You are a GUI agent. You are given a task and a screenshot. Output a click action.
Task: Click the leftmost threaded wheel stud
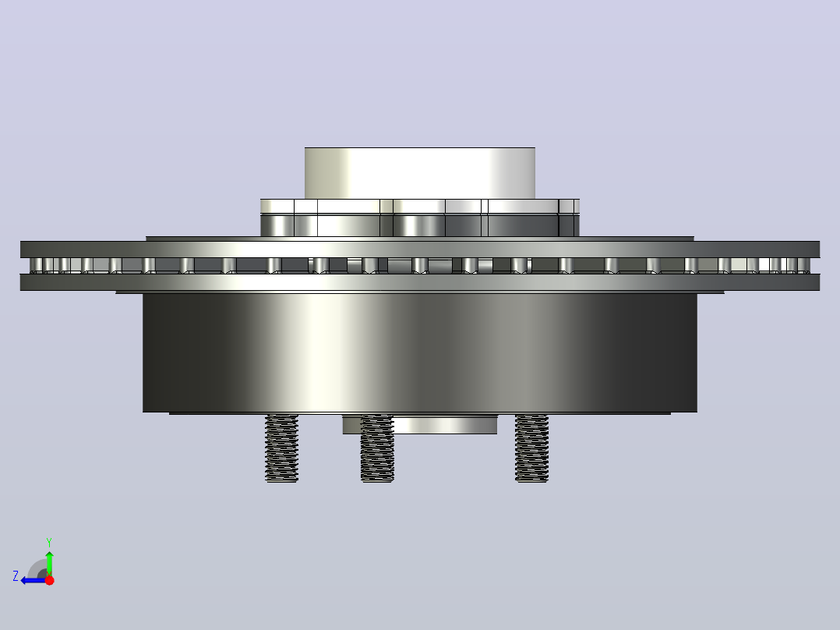pyautogui.click(x=282, y=448)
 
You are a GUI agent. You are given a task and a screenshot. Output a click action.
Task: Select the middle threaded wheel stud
pyautogui.click(x=377, y=448)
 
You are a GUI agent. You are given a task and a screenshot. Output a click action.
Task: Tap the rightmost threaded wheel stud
pyautogui.click(x=531, y=448)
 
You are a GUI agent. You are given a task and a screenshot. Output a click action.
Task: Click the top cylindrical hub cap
pyautogui.click(x=420, y=173)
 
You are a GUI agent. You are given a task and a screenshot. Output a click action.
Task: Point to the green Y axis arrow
pyautogui.click(x=49, y=561)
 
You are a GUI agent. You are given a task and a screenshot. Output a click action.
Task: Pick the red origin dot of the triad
pyautogui.click(x=49, y=580)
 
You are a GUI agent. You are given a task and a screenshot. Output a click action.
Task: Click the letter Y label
pyautogui.click(x=49, y=542)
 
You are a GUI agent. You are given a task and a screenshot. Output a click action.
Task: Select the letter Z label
pyautogui.click(x=16, y=576)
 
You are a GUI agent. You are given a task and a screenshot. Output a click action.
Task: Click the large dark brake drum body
pyautogui.click(x=420, y=352)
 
